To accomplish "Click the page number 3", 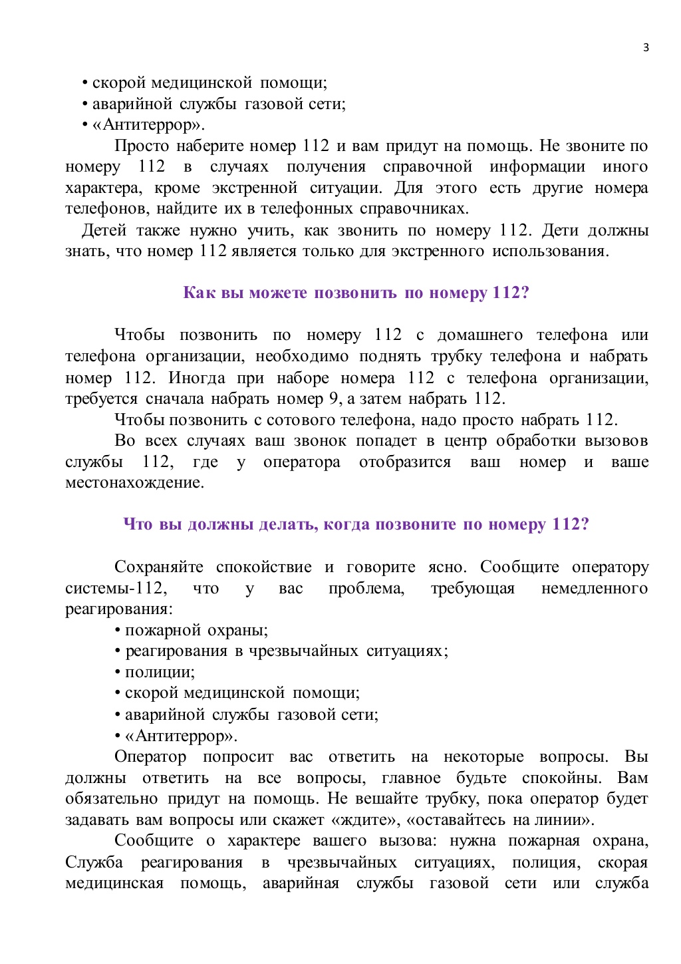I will tap(646, 47).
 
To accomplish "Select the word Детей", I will tap(104, 230).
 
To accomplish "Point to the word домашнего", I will tap(479, 335).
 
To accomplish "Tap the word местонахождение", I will tap(134, 482).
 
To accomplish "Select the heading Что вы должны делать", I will tap(356, 524).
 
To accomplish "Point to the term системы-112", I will tap(116, 588).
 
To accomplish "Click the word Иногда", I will tap(196, 378).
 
